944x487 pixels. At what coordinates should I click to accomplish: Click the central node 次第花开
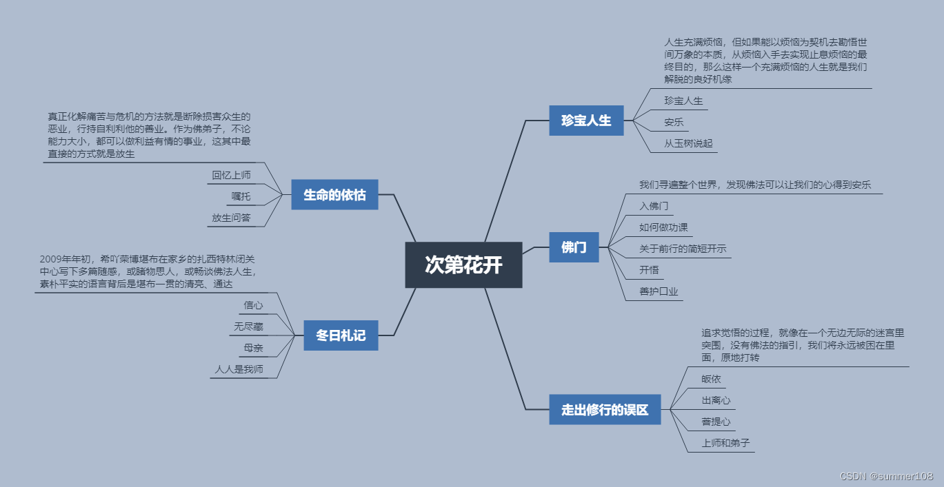click(463, 265)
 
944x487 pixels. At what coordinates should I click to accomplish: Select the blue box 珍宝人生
click(586, 121)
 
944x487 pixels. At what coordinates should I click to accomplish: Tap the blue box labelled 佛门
click(574, 247)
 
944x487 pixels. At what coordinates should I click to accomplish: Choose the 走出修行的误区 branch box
click(605, 410)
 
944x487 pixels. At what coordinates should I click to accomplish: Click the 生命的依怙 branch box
click(334, 195)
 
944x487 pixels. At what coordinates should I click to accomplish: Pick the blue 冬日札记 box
click(341, 336)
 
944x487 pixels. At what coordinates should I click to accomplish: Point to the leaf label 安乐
click(674, 123)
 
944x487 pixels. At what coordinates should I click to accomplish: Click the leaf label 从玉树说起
click(688, 144)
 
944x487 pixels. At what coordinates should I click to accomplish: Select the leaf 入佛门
click(654, 206)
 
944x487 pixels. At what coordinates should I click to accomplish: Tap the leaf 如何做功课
click(663, 227)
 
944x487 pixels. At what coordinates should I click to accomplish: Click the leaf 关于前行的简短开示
click(683, 249)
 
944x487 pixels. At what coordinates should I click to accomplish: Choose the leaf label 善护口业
click(659, 291)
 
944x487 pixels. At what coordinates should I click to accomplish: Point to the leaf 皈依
click(712, 379)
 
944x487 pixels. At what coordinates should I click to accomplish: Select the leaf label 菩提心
click(716, 422)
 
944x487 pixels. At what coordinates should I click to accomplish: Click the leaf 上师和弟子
click(725, 443)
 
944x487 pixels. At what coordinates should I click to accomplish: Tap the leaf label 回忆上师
click(231, 175)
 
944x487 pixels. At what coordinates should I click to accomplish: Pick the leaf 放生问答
click(231, 218)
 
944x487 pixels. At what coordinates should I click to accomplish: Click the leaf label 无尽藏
click(248, 327)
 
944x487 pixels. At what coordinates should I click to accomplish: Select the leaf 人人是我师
click(239, 369)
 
